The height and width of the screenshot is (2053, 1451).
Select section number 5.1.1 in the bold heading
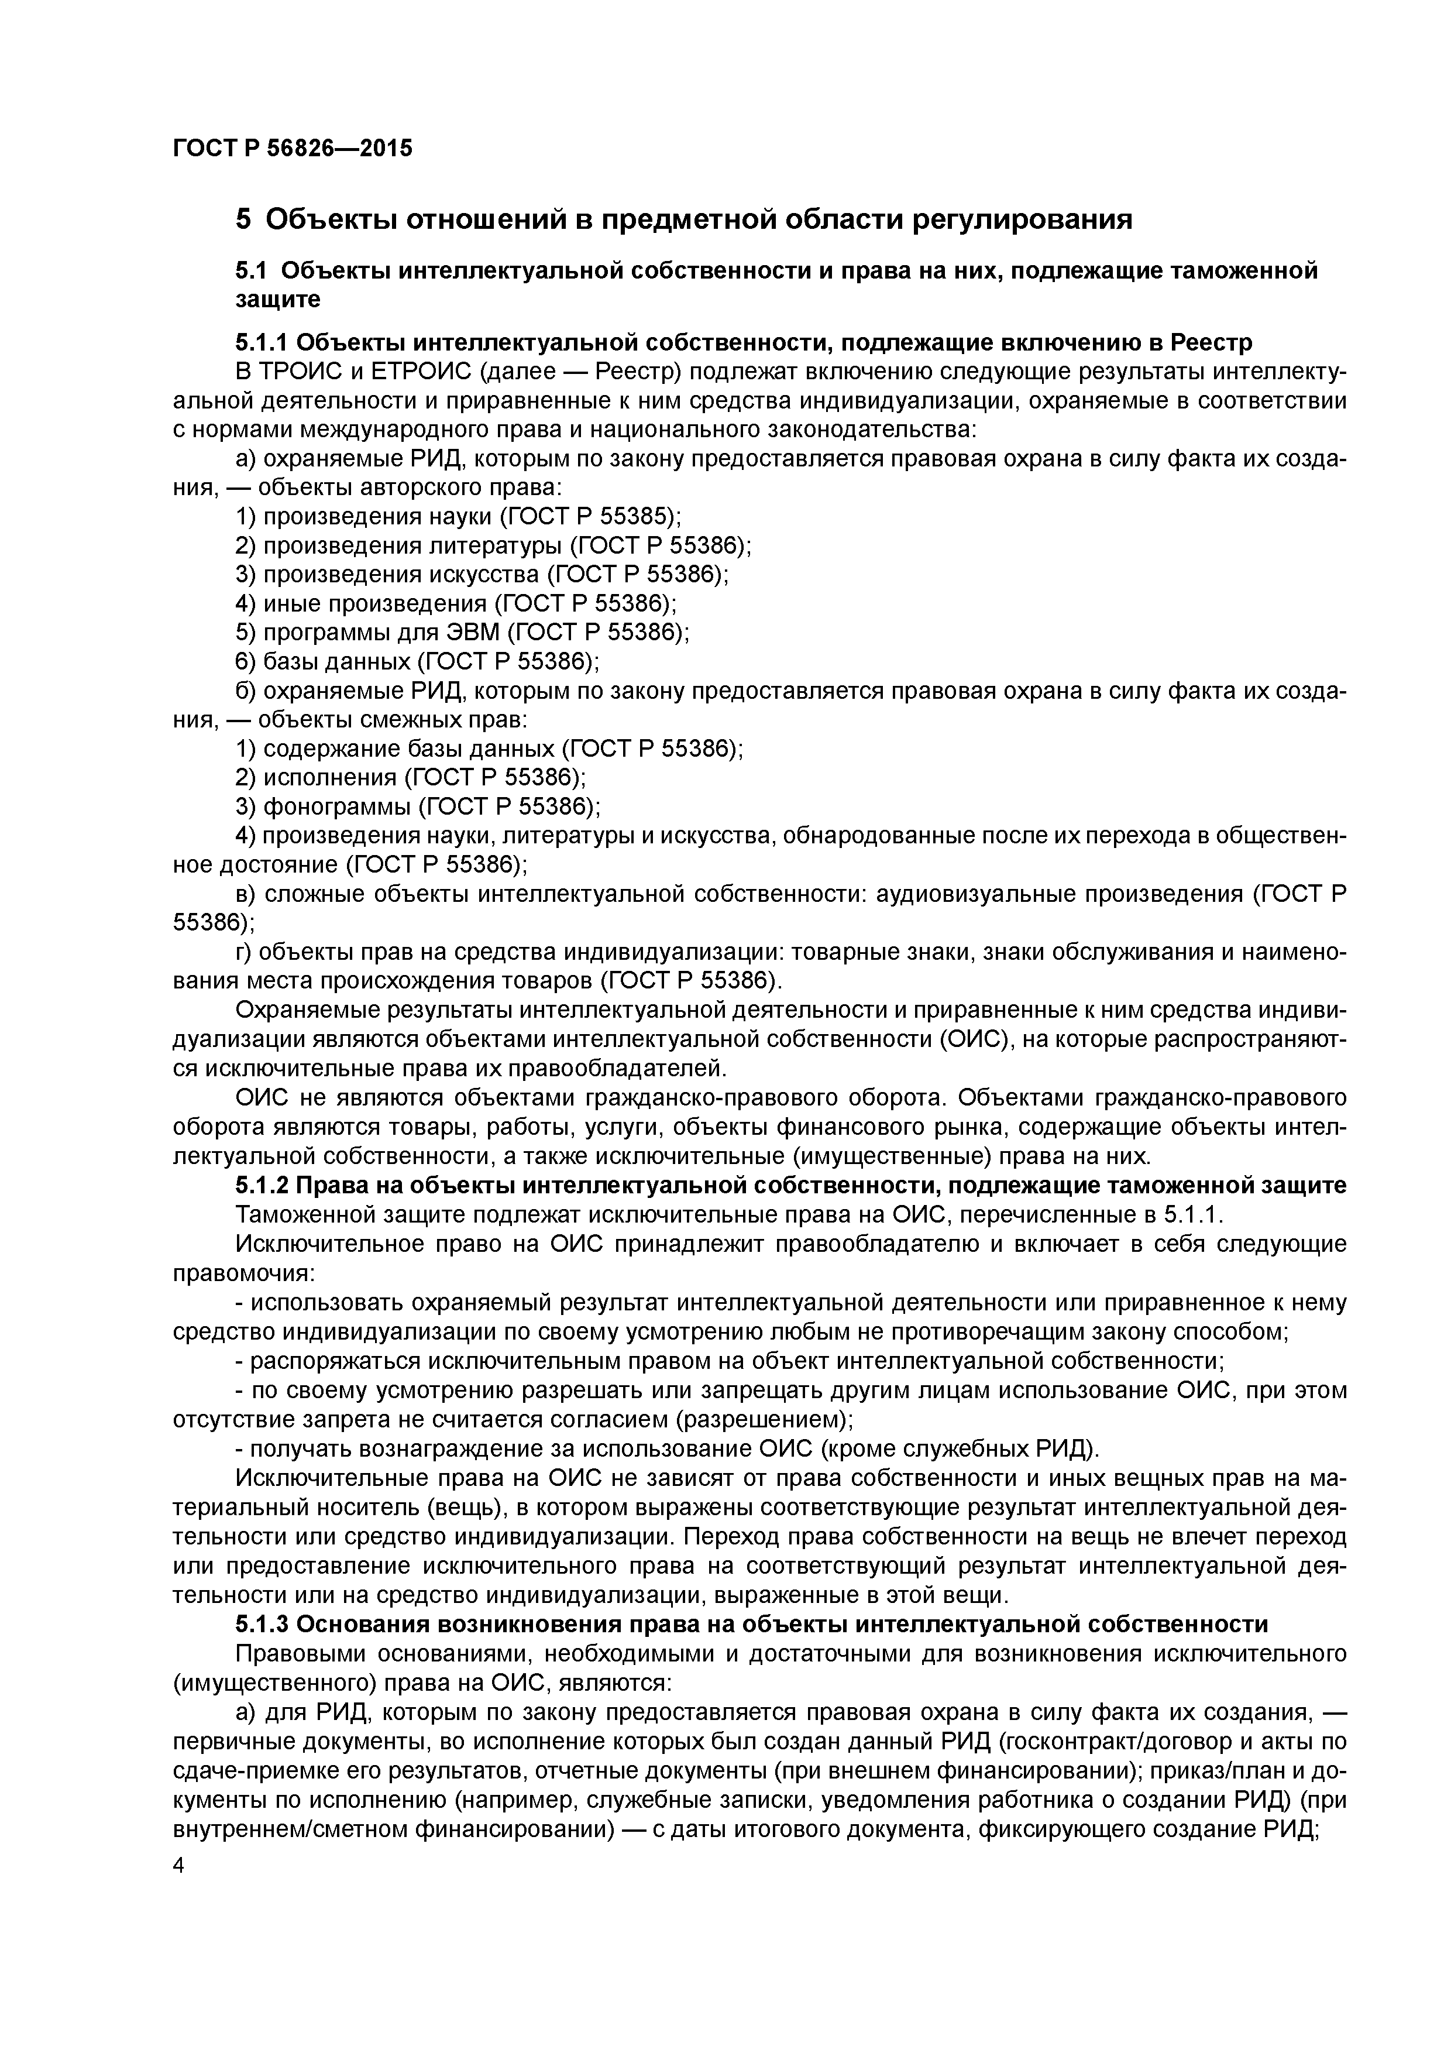(261, 342)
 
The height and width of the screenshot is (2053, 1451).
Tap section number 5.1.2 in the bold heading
(261, 1185)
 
